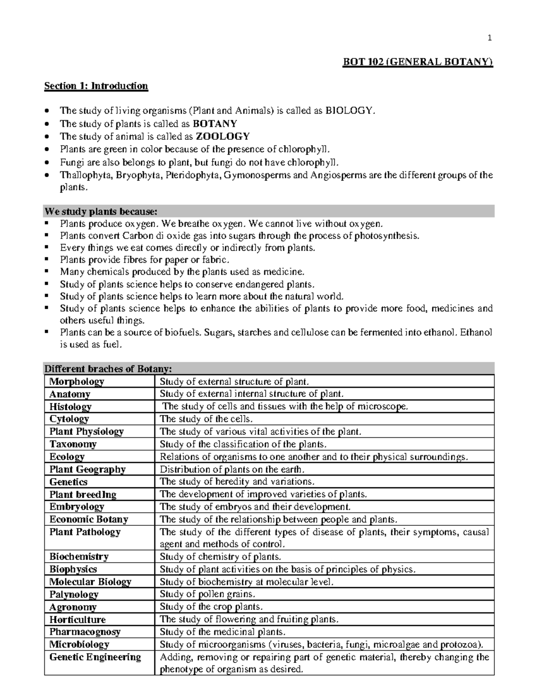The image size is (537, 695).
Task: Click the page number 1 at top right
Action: pyautogui.click(x=490, y=38)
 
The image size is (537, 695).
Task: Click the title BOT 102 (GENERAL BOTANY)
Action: pyautogui.click(x=418, y=62)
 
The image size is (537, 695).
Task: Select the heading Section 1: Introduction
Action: pyautogui.click(x=96, y=86)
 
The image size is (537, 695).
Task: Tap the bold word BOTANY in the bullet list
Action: pyautogui.click(x=217, y=124)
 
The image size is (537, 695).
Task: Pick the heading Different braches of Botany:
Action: pyautogui.click(x=107, y=369)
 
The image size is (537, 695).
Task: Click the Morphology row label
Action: pyautogui.click(x=77, y=382)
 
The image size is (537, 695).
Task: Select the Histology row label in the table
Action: pyautogui.click(x=70, y=406)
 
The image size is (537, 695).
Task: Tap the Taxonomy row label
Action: pyautogui.click(x=73, y=444)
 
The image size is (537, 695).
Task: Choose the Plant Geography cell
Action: pyautogui.click(x=87, y=469)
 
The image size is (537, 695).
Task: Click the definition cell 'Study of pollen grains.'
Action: pyautogui.click(x=207, y=594)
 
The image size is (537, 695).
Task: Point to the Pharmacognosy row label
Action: pyautogui.click(x=85, y=632)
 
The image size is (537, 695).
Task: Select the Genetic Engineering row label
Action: pyautogui.click(x=95, y=657)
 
